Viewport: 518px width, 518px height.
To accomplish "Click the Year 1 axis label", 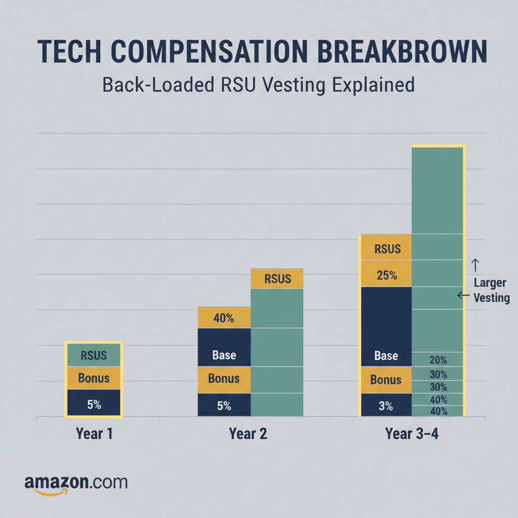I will (x=94, y=434).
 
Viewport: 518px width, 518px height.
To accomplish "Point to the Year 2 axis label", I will (x=248, y=434).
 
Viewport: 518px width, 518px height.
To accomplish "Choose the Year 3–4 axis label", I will (x=411, y=434).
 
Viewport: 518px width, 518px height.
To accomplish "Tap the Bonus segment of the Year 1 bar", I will (x=94, y=378).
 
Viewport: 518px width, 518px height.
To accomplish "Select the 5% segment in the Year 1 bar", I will (x=94, y=404).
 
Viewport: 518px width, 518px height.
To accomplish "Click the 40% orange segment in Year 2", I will (x=224, y=318).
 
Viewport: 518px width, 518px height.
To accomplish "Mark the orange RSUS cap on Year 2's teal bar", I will (x=277, y=279).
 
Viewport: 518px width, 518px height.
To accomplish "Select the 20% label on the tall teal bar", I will (x=438, y=360).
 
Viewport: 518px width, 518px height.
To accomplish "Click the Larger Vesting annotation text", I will (x=491, y=290).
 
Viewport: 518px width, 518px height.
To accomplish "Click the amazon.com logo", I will (x=76, y=483).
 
